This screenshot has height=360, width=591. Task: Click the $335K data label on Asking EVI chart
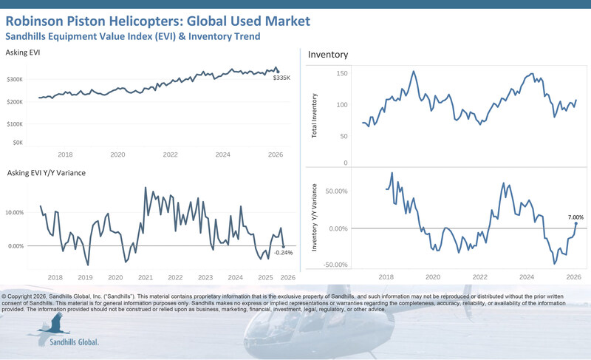click(281, 77)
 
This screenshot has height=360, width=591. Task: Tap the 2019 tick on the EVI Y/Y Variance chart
click(85, 278)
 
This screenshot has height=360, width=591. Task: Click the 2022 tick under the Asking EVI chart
click(171, 154)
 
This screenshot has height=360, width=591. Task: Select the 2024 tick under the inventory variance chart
click(527, 277)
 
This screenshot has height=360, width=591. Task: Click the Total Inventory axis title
click(315, 116)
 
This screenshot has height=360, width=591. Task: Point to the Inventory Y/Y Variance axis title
click(315, 222)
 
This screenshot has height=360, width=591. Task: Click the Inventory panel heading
click(327, 55)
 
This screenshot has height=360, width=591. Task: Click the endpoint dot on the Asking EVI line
click(278, 71)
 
